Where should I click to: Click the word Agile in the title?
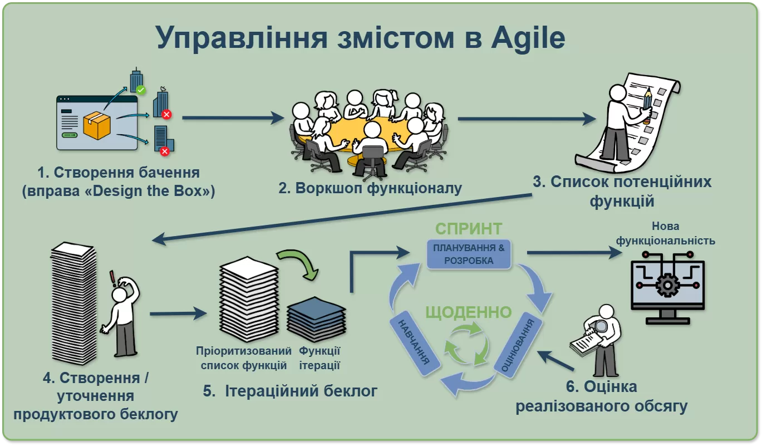coord(527,38)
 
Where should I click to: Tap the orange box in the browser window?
coord(97,125)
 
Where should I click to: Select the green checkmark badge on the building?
coord(141,89)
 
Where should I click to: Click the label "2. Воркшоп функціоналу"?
coord(370,188)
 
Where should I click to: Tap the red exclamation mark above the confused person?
coord(112,277)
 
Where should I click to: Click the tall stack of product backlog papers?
coord(73,303)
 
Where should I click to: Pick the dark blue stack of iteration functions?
coord(316,318)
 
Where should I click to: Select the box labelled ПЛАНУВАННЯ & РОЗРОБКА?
coord(469,254)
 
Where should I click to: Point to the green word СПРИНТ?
coord(469,229)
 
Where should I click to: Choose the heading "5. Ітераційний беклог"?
coord(290,391)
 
